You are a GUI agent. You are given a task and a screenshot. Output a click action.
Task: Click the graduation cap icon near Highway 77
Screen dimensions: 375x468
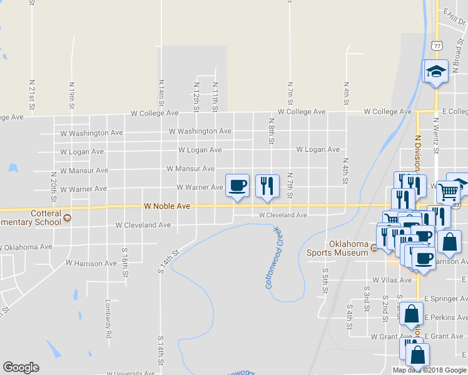[435, 72]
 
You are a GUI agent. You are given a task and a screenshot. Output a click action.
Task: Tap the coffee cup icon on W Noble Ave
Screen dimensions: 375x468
[237, 186]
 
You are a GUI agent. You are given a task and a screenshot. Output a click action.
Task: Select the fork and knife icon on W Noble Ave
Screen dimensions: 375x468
[267, 186]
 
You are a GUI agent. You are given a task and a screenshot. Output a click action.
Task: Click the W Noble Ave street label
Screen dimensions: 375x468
[166, 206]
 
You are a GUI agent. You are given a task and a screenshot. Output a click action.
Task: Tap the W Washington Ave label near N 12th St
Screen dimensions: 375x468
[200, 131]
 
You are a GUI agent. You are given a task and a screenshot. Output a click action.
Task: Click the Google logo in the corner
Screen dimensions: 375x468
[21, 367]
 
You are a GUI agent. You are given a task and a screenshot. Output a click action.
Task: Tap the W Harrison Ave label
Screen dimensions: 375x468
[91, 264]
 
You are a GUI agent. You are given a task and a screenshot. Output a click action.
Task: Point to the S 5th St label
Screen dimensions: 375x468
[325, 279]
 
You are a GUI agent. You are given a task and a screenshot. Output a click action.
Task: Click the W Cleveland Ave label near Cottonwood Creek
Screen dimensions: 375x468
[283, 215]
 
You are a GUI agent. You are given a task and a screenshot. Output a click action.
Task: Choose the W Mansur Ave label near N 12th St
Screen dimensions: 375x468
[191, 169]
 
